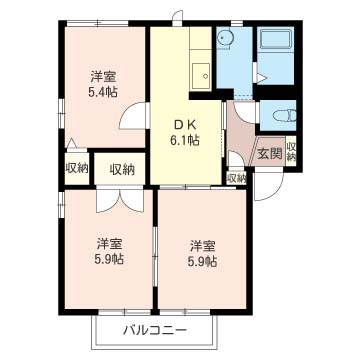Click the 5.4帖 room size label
point(103,92)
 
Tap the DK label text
point(185,125)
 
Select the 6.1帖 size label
point(185,141)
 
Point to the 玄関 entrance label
point(270,154)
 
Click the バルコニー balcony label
point(155,331)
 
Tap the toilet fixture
point(284,116)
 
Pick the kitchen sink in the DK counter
point(201,76)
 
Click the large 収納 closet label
point(122,170)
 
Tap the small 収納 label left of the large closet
point(77,168)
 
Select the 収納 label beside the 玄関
point(291,151)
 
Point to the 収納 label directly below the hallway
point(236,178)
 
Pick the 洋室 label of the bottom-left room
point(109,245)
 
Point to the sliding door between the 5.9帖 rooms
point(155,256)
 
